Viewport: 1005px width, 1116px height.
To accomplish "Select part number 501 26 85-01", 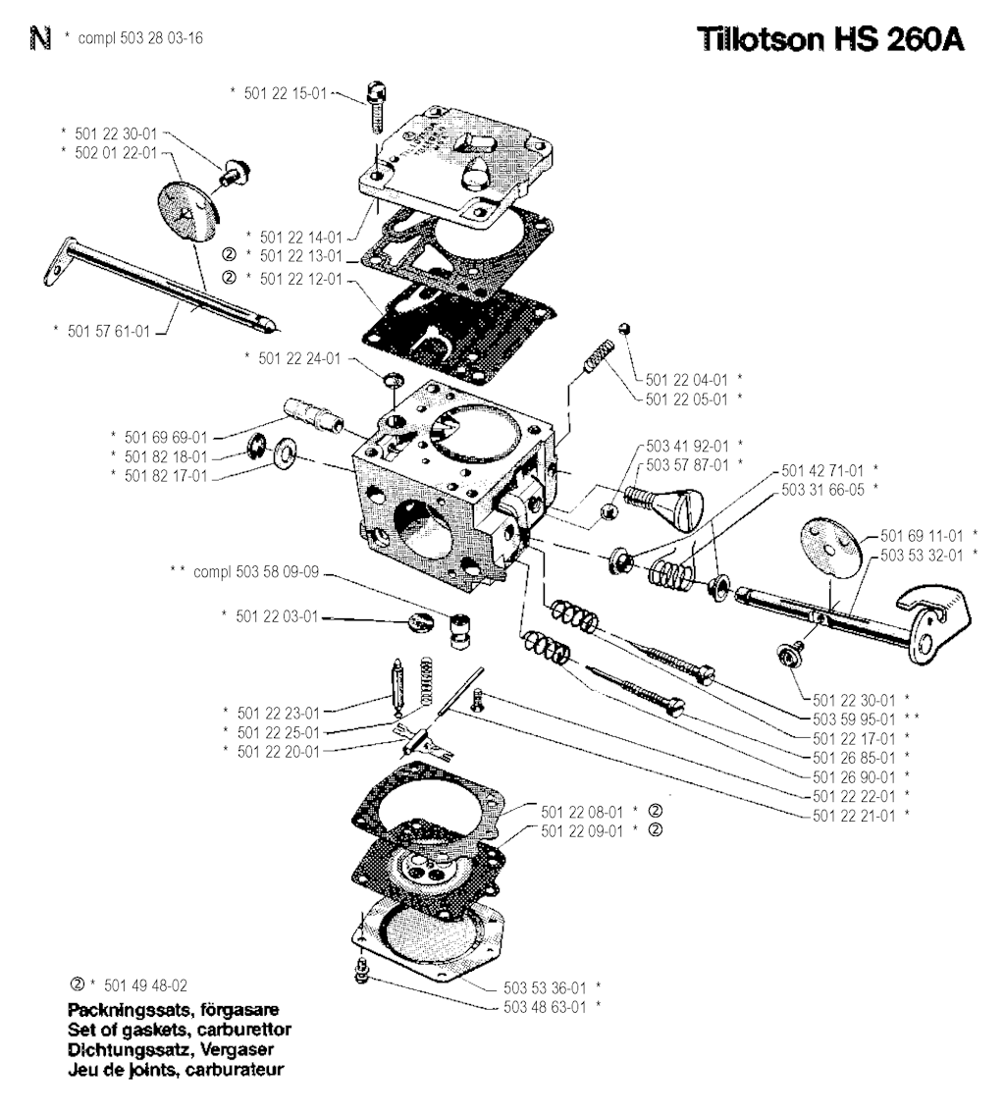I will [x=852, y=757].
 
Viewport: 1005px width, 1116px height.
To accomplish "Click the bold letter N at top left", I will [x=38, y=40].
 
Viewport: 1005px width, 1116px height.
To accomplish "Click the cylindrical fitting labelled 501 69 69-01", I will [x=312, y=416].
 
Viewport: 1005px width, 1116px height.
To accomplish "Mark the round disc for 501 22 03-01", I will [x=419, y=622].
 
